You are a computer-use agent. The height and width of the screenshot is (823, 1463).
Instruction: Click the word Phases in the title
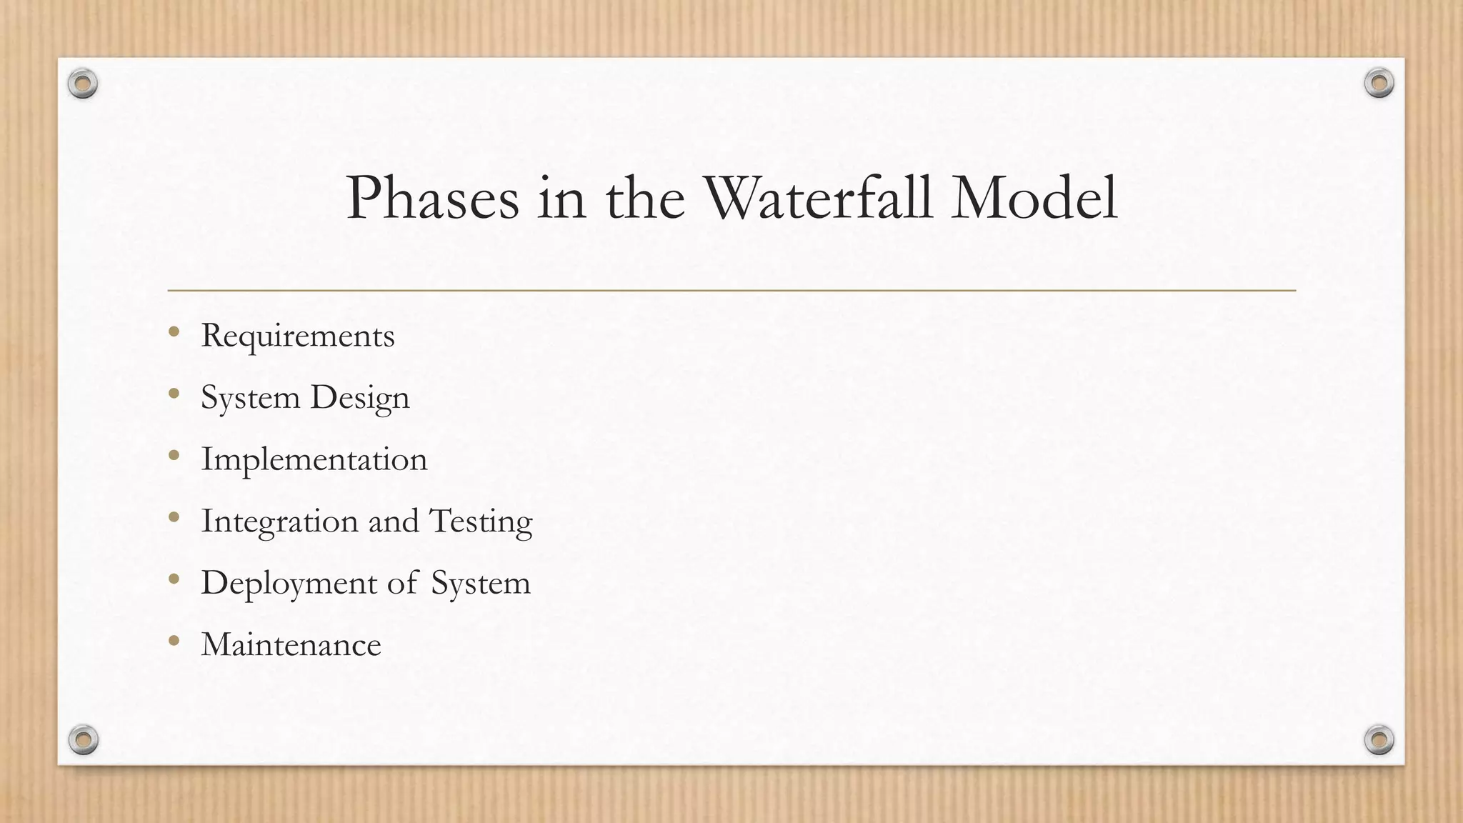432,199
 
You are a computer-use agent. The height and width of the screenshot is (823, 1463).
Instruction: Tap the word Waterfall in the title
819,198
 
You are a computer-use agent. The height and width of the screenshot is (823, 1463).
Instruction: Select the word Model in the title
1034,198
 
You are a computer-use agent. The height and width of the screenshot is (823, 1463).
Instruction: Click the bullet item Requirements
297,336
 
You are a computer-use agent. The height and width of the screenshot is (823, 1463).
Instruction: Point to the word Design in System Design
360,398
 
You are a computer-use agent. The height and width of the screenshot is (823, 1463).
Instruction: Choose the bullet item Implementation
314,459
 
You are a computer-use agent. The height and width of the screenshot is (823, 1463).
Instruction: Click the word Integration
279,522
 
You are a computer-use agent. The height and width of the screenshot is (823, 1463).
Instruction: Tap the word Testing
481,522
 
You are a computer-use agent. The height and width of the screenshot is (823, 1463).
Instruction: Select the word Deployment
289,584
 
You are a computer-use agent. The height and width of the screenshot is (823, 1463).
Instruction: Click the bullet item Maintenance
291,645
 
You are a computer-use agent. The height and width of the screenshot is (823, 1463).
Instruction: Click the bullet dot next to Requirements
174,331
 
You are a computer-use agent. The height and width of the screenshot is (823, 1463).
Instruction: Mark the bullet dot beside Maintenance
174,641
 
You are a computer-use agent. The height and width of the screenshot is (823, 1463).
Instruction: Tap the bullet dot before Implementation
174,455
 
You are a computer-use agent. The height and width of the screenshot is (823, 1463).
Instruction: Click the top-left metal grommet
83,84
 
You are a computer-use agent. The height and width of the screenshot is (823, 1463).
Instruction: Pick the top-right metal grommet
1379,84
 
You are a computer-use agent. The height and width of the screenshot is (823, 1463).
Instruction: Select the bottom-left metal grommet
83,739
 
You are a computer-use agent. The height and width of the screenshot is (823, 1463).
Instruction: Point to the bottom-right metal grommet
1379,739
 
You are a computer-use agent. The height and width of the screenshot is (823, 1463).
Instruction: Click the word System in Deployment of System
480,584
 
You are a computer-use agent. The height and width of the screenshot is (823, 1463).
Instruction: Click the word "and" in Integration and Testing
393,522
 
